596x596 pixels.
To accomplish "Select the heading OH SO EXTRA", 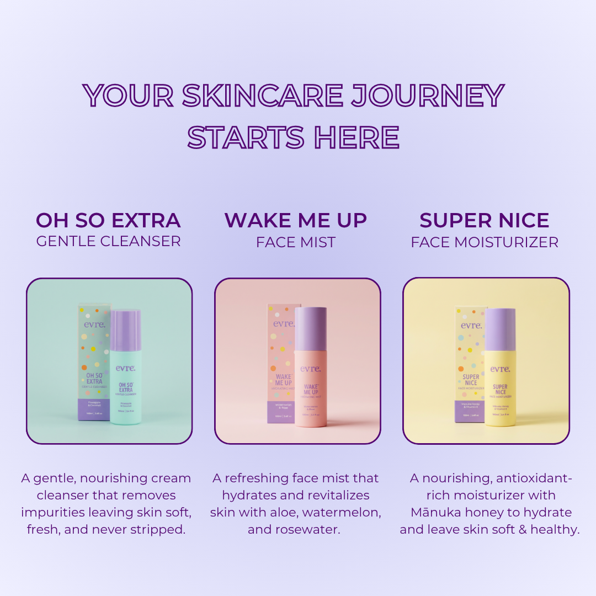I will click(108, 221).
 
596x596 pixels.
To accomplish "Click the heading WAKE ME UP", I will click(296, 221).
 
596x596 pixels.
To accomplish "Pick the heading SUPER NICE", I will click(484, 221).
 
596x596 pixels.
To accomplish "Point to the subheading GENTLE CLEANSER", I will click(108, 241).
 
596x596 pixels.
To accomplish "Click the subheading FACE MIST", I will click(296, 242).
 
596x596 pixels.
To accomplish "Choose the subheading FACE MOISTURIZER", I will click(485, 242).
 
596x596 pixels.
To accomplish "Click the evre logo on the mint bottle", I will click(125, 368).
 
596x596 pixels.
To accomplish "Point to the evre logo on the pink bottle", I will click(311, 369).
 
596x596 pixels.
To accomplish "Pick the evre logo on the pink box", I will click(284, 323).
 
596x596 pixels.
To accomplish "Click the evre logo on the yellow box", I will click(471, 325).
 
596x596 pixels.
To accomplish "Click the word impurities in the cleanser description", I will click(51, 512).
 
